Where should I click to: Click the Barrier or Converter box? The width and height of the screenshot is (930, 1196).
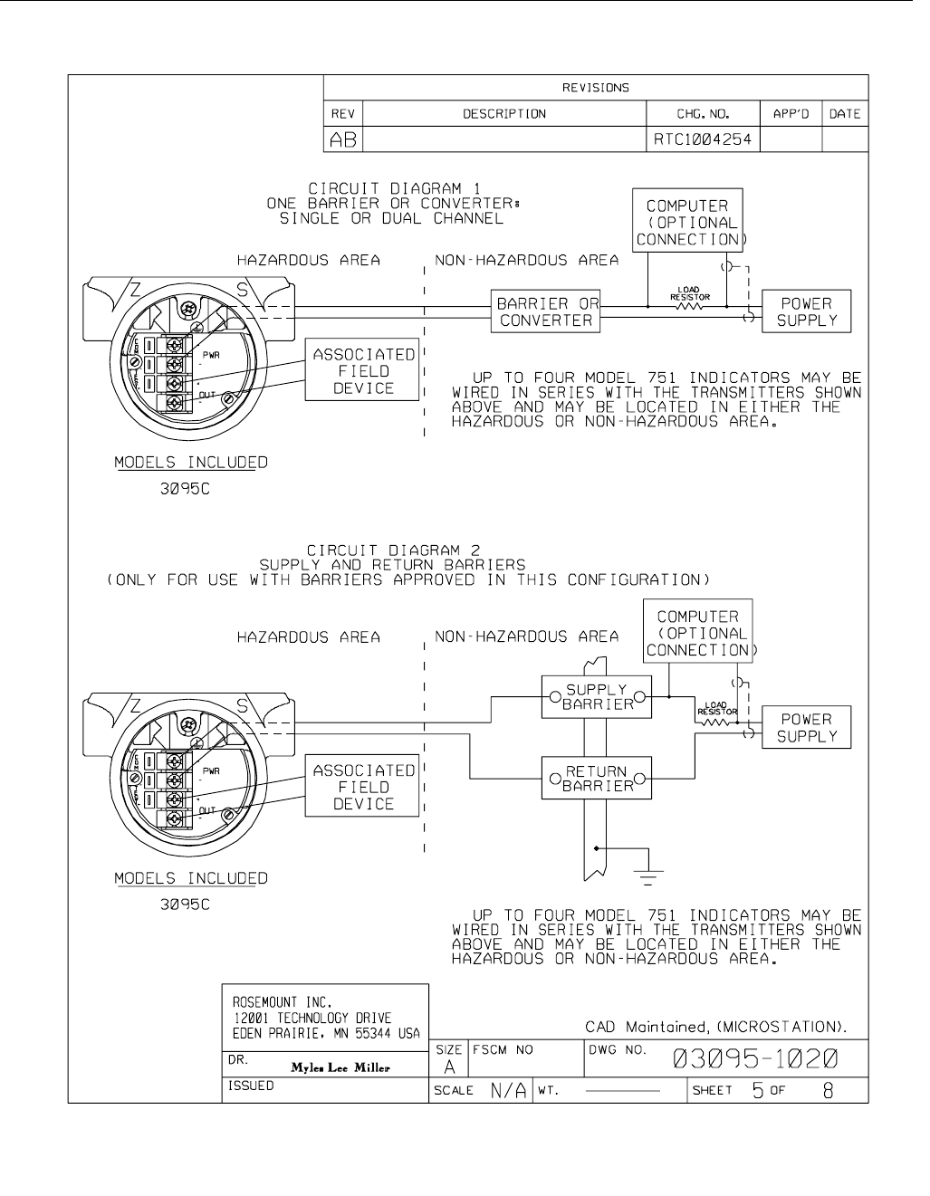coord(546,312)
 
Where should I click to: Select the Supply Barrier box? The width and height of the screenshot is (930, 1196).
coord(596,697)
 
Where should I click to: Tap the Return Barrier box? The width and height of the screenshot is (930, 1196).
coord(596,779)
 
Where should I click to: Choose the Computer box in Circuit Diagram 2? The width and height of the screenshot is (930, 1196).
coord(698,634)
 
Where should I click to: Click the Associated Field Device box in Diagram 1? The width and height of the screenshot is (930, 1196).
coord(364,371)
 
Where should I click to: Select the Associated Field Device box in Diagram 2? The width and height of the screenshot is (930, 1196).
coord(364,787)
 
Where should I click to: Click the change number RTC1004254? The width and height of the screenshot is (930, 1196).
coord(703,139)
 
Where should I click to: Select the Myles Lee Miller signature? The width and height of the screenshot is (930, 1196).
coord(340,1067)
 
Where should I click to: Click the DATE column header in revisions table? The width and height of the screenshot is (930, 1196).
coord(844,114)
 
